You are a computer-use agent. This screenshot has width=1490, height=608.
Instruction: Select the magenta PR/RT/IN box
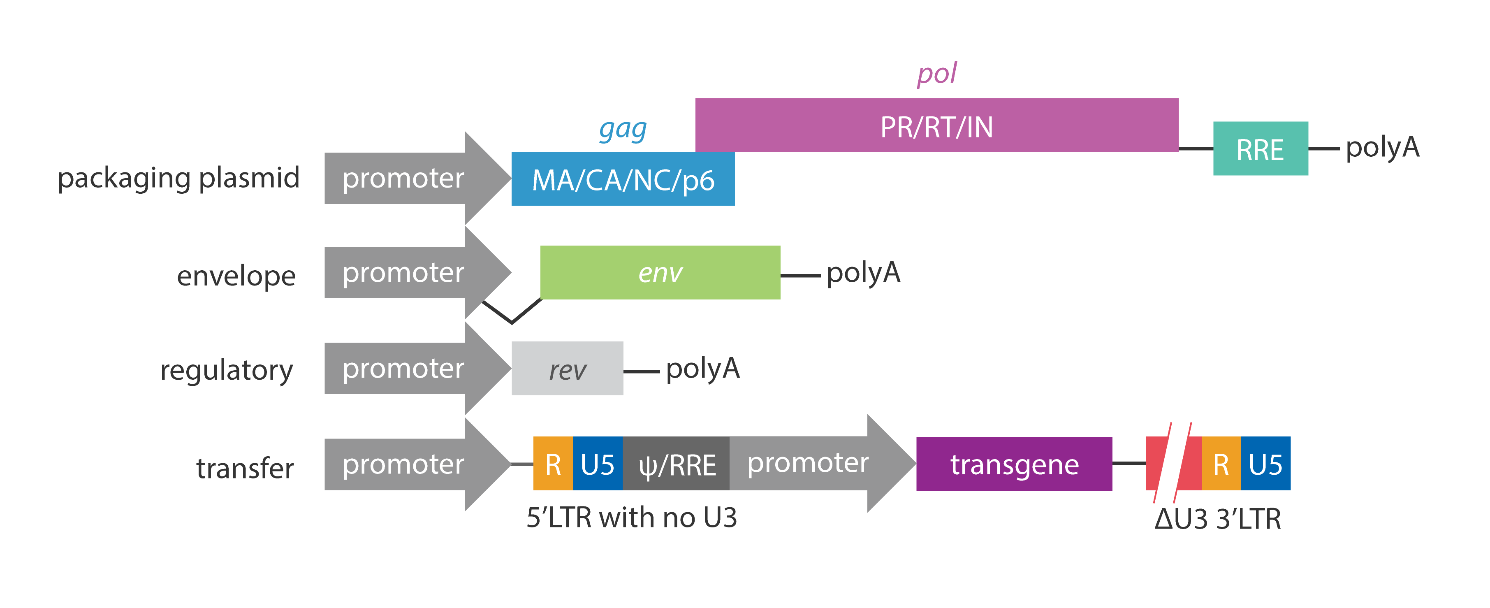click(x=936, y=125)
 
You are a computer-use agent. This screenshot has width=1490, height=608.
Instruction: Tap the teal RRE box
click(x=1260, y=149)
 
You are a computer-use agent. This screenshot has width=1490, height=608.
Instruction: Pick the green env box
click(x=660, y=272)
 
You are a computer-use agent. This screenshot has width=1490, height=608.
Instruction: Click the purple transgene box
click(x=1013, y=464)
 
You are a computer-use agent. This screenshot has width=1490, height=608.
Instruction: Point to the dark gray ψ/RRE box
click(x=676, y=464)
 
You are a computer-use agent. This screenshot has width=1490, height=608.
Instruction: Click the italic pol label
click(x=936, y=74)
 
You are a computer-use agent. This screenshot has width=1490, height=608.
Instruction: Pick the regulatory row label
click(x=226, y=370)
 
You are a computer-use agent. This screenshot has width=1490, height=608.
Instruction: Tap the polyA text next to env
click(x=863, y=272)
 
